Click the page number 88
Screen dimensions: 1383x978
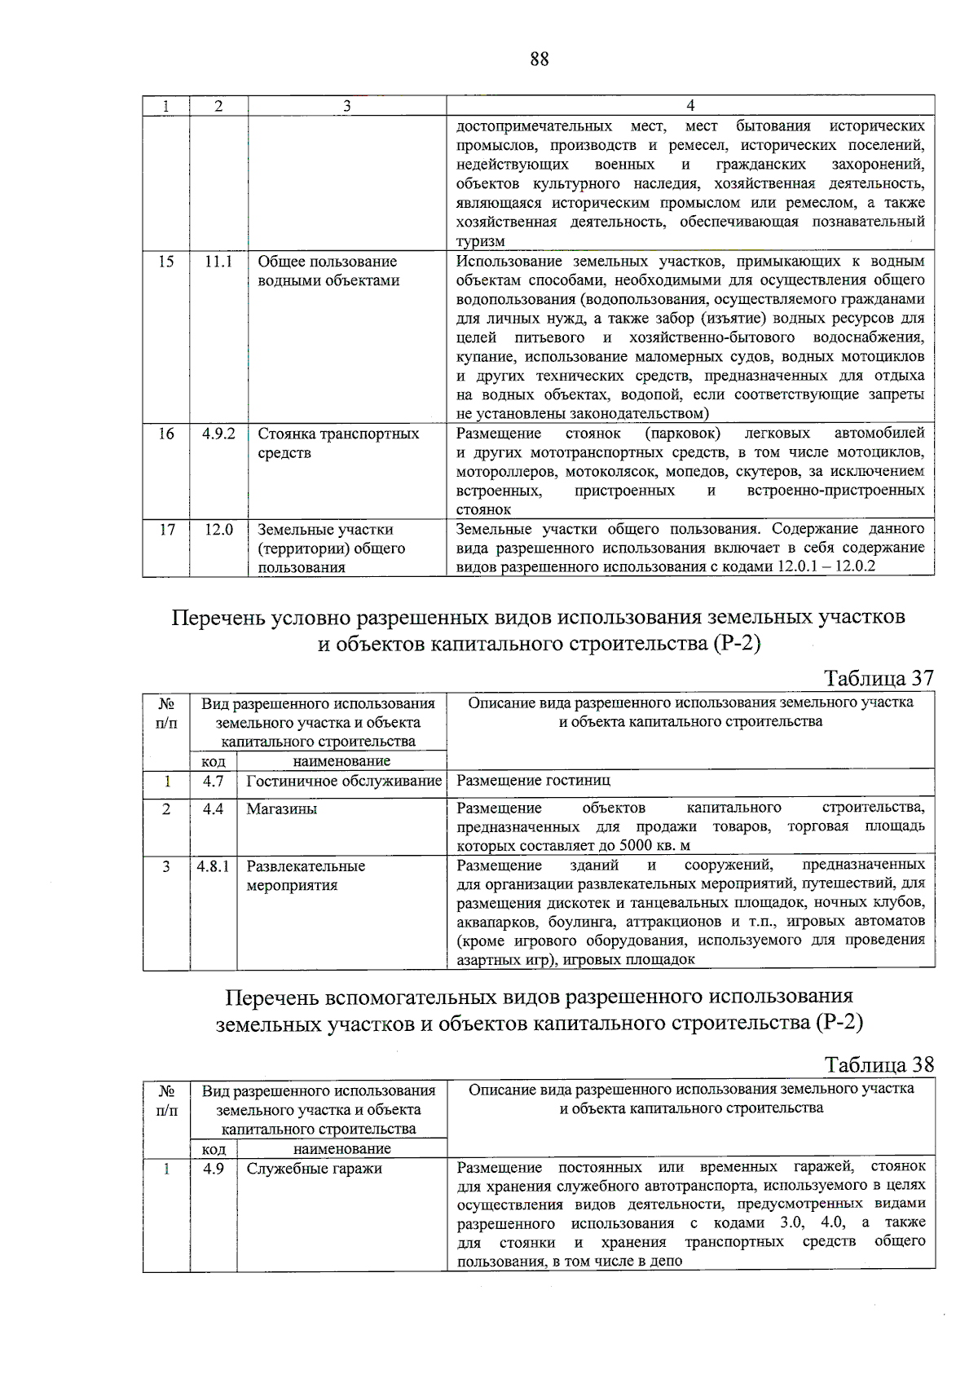coord(539,59)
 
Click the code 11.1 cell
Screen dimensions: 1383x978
coord(218,262)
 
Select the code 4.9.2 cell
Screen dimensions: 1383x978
coord(218,434)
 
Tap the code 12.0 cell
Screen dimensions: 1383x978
coord(218,530)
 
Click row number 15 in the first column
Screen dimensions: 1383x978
coord(166,262)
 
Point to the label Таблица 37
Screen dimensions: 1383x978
coord(879,678)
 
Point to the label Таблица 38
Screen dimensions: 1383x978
coord(879,1065)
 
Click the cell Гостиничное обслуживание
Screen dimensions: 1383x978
coord(344,781)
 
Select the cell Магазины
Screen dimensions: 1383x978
coord(282,809)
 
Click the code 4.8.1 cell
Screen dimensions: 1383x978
coord(214,866)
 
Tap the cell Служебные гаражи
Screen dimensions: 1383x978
coord(315,1169)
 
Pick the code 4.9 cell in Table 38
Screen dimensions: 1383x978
coord(214,1169)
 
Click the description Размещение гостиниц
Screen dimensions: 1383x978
coord(533,781)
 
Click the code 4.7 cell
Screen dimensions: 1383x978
coord(214,781)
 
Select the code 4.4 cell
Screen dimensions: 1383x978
coord(214,809)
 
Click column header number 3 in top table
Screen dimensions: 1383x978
coord(347,106)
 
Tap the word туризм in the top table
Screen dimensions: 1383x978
coord(481,242)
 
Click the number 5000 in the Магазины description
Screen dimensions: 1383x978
coord(636,846)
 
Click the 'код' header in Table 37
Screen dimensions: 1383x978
coord(214,761)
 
